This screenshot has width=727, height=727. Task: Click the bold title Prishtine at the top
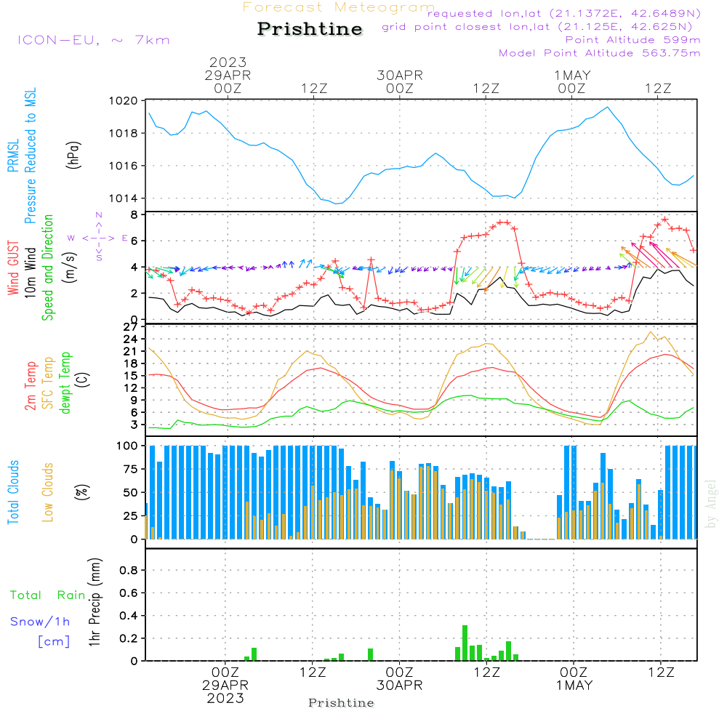(310, 29)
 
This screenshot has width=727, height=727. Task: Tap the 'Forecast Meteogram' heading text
(339, 7)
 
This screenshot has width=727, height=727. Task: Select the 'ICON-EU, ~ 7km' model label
(93, 40)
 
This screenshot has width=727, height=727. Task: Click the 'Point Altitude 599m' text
(632, 40)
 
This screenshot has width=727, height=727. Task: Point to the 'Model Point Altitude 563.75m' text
(600, 53)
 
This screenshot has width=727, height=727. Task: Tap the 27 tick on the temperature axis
(131, 327)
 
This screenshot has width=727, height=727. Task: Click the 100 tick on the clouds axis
(127, 445)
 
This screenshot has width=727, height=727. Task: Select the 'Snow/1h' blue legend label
(40, 622)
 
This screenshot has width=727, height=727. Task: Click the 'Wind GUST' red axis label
(13, 270)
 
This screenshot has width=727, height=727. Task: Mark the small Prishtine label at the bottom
(341, 703)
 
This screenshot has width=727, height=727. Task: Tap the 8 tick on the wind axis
(133, 215)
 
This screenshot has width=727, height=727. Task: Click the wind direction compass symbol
(98, 238)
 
